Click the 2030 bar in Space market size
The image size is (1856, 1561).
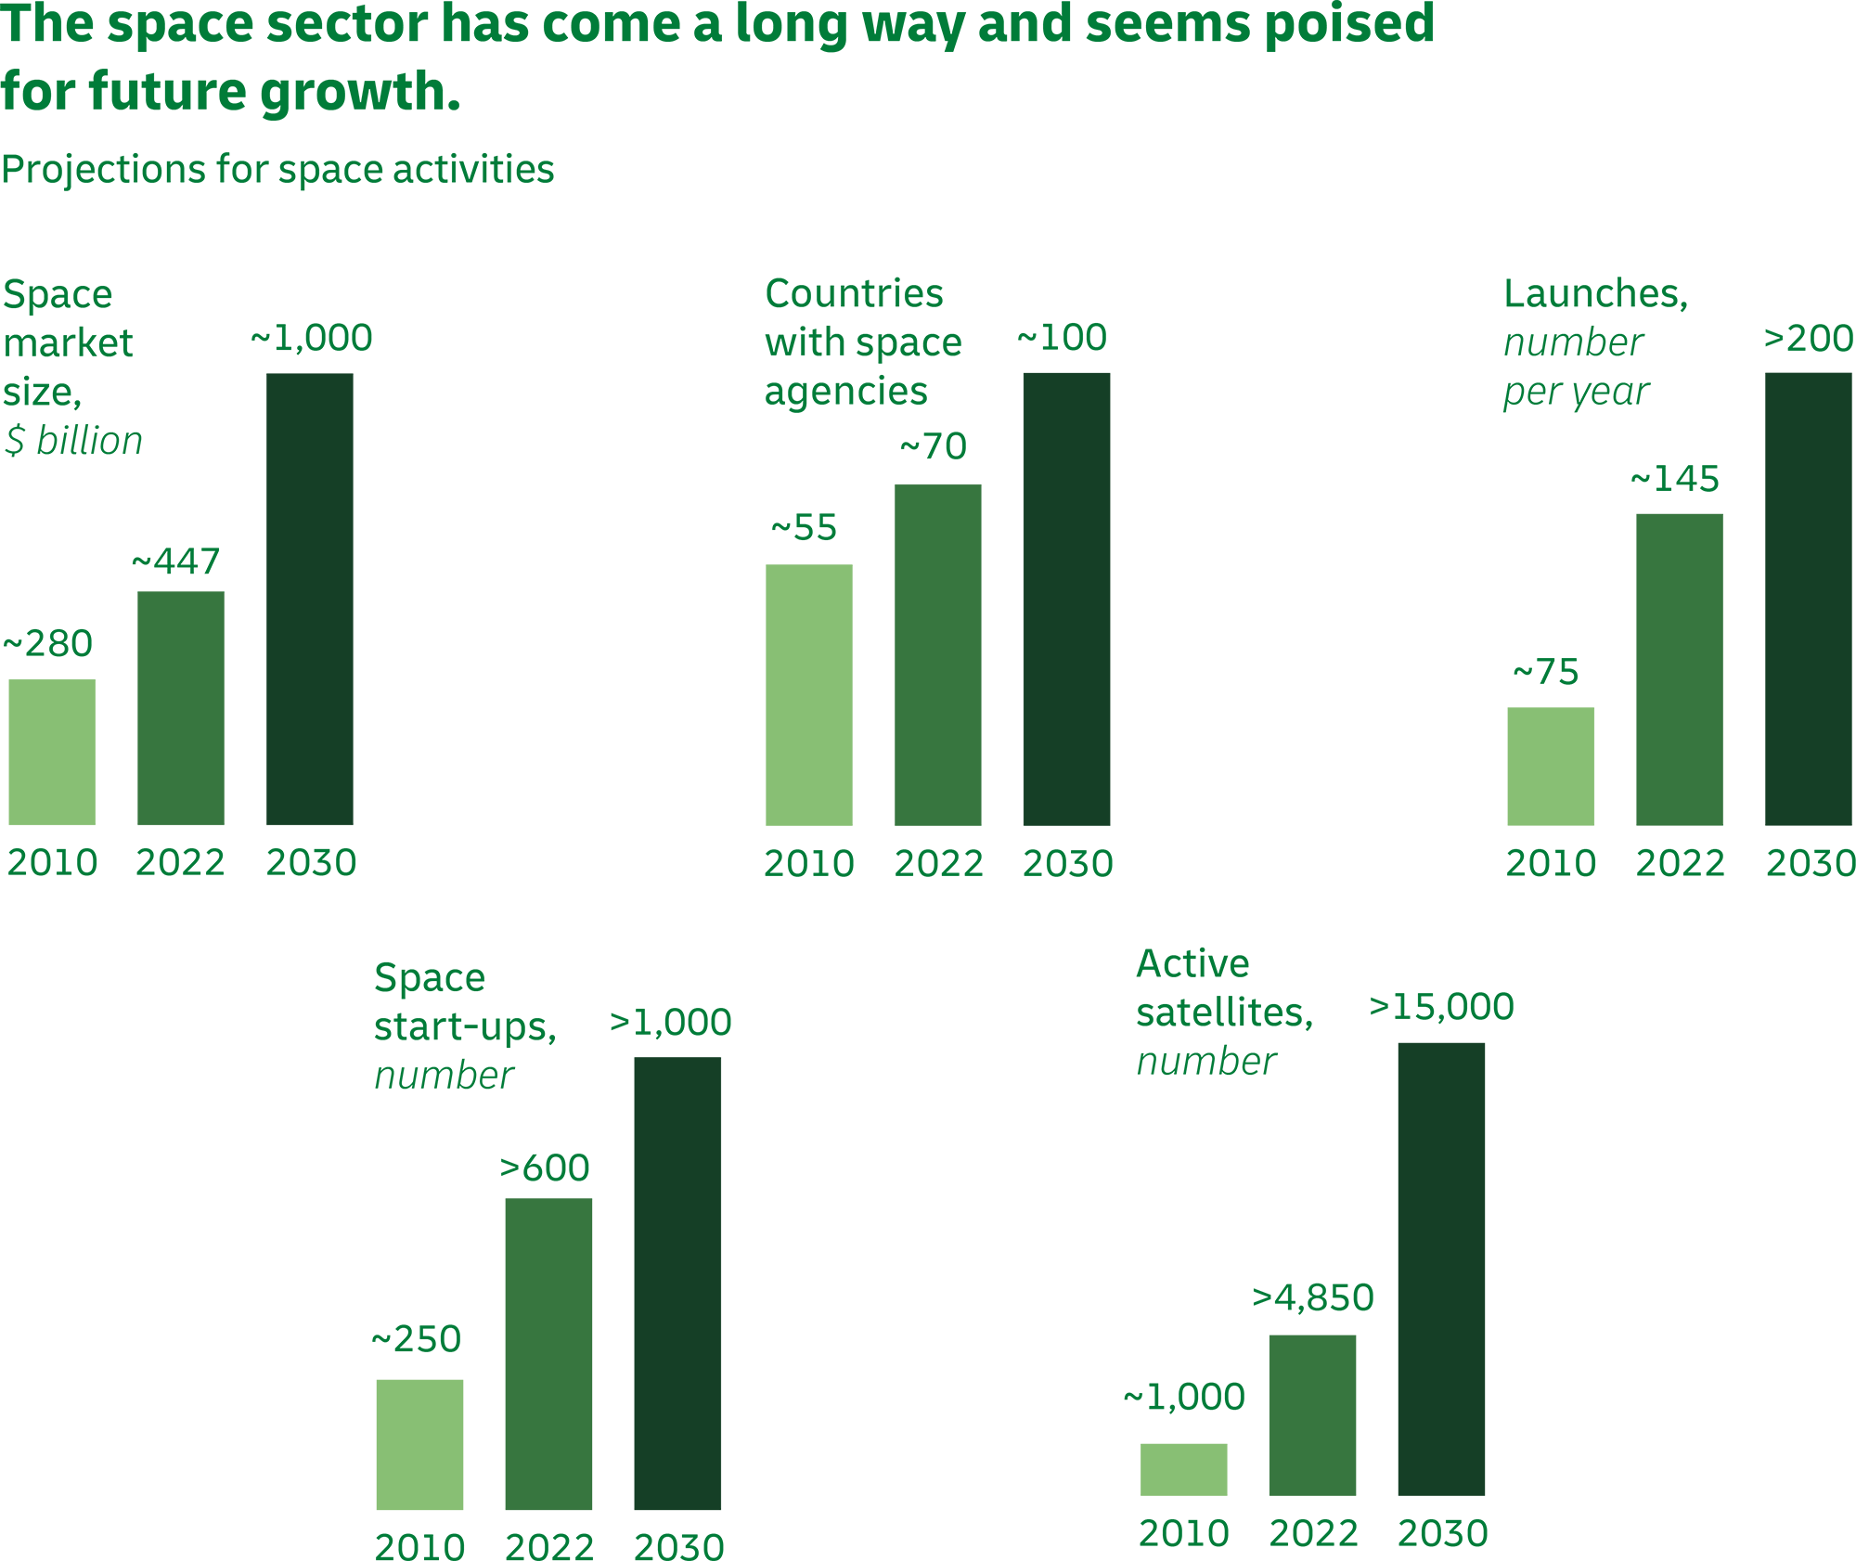pos(310,599)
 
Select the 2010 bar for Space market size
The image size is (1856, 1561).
pos(52,752)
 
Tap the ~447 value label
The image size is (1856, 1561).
pos(176,561)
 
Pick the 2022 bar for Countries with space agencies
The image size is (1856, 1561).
pos(938,654)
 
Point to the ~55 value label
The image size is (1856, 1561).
pos(804,528)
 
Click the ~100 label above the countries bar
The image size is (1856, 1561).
pos(1063,338)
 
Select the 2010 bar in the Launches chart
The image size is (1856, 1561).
pos(1551,766)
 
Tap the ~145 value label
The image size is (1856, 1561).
pos(1675,480)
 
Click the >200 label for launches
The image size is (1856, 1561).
pos(1808,339)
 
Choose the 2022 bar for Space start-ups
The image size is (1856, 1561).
pos(548,1353)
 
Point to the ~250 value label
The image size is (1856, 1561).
pos(417,1339)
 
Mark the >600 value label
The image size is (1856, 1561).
pos(545,1168)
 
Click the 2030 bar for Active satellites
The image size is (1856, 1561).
pos(1441,1269)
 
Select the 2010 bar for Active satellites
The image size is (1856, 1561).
pos(1183,1468)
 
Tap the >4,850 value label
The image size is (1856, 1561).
pos(1312,1297)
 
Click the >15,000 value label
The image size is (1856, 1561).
pos(1441,1007)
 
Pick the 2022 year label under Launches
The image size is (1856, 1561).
pos(1680,863)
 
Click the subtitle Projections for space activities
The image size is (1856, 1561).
pos(277,170)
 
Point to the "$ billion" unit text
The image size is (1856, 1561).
pos(73,441)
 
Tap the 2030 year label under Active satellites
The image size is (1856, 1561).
pos(1442,1533)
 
